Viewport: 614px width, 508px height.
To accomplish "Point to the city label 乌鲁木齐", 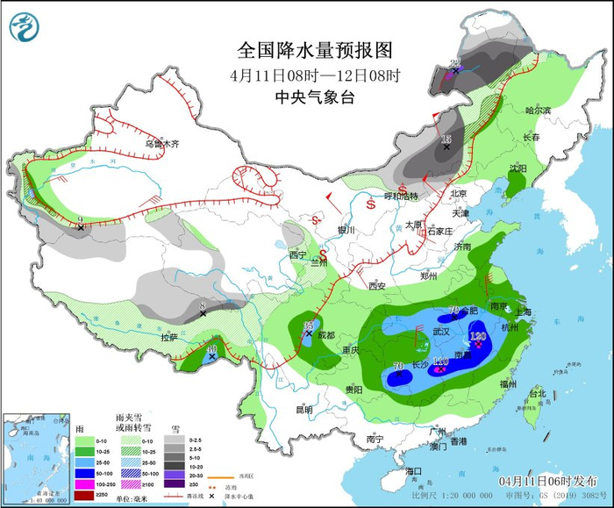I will pos(162,143).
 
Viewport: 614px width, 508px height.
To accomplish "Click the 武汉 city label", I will pos(441,332).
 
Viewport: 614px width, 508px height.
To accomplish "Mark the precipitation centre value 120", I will pos(478,336).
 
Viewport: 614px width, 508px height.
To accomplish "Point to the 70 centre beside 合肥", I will pos(454,311).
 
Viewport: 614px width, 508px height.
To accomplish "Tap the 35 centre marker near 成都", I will pos(308,326).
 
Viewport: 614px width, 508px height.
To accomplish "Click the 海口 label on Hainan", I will pos(414,471).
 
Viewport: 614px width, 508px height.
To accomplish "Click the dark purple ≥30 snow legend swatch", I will pos(175,494).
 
